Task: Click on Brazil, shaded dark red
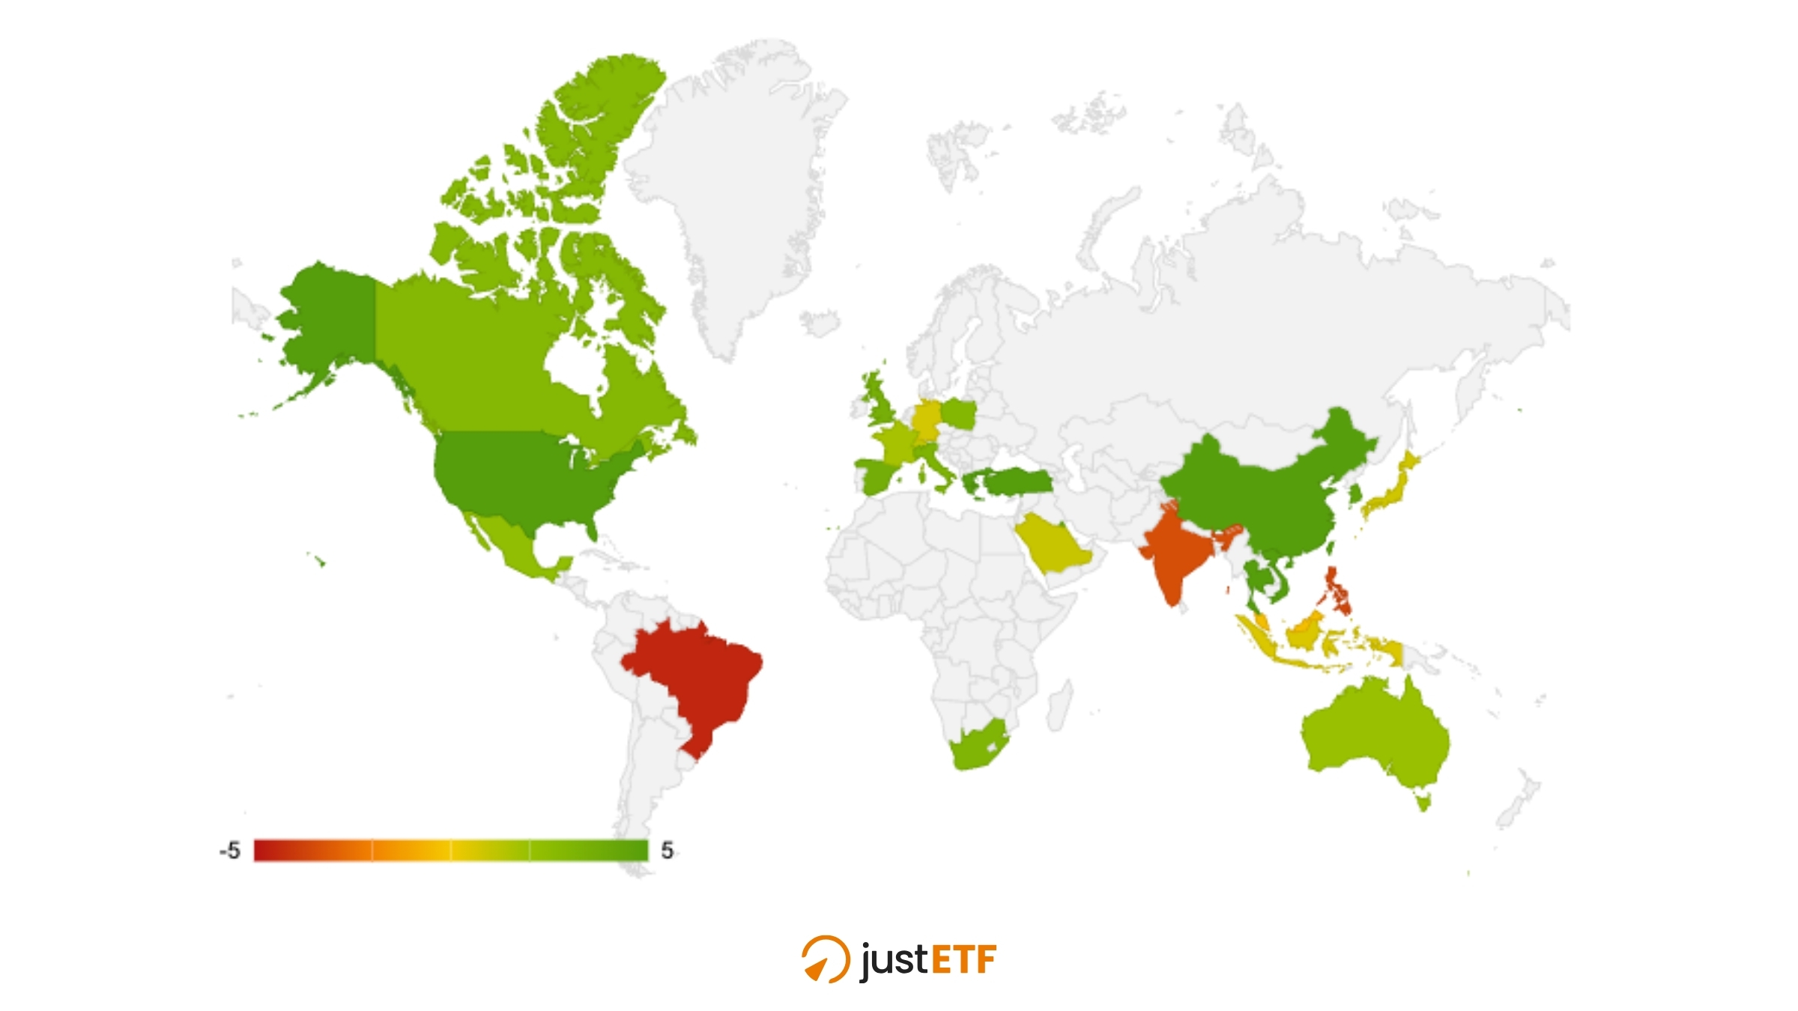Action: (x=697, y=674)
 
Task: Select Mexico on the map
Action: (x=517, y=550)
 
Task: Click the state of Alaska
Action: (x=330, y=315)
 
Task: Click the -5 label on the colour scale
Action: (x=230, y=851)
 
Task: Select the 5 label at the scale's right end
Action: (x=668, y=850)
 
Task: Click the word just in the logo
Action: (x=894, y=960)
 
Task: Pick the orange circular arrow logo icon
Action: (x=826, y=959)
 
